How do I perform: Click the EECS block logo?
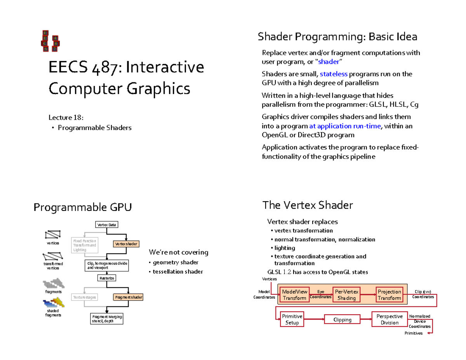(50, 41)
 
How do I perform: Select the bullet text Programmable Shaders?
(94, 128)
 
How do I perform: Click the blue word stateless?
(334, 74)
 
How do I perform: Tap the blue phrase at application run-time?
(345, 126)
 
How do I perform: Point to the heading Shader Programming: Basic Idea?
(337, 37)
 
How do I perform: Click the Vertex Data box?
(106, 225)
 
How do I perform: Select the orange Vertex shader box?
(126, 244)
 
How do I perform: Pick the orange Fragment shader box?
(128, 297)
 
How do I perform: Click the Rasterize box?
(106, 278)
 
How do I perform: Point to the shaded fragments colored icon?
(54, 303)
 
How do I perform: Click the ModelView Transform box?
(294, 295)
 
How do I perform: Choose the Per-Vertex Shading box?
(346, 295)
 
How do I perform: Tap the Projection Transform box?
(389, 295)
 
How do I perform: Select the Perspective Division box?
(389, 319)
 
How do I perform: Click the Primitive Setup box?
(292, 319)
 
